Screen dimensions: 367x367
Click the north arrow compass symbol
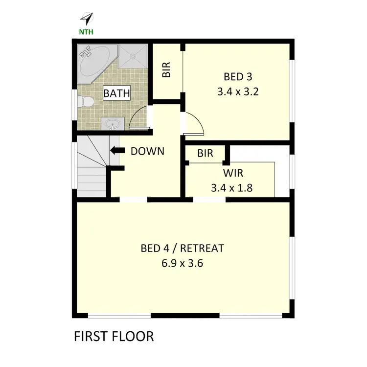point(87,19)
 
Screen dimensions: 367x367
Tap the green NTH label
point(87,33)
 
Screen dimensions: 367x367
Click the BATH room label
point(116,92)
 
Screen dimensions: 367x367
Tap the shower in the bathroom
point(133,58)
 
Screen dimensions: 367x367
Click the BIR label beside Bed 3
point(166,72)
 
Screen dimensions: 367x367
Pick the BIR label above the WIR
point(205,153)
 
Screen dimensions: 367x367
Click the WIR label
point(233,173)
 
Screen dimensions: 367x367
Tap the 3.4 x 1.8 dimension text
point(231,187)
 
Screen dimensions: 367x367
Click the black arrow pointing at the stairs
point(115,151)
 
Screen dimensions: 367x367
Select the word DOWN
point(147,152)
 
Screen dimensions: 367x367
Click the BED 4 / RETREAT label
point(182,249)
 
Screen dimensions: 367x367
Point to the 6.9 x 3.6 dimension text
point(182,263)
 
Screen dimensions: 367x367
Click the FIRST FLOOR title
point(114,337)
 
